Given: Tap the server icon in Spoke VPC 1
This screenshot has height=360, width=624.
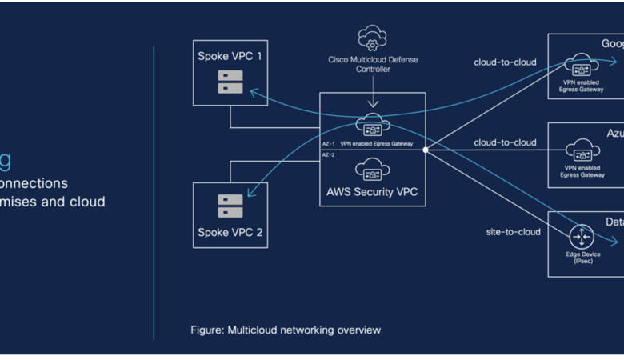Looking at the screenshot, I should point(230,82).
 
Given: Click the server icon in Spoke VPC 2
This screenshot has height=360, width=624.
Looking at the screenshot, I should point(230,206).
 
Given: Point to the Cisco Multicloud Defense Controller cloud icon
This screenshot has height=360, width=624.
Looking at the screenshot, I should point(372,38).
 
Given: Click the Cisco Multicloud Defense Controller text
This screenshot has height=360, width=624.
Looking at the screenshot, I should point(372,64).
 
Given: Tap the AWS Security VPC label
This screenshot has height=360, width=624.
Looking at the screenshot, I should point(372,192).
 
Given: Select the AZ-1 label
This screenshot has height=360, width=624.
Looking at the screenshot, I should point(328,144).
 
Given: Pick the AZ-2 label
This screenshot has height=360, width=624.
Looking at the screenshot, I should point(328,154).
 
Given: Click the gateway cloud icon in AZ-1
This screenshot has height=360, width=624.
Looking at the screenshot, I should point(372,125).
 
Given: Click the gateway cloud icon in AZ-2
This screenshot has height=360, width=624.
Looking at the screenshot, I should point(372,169).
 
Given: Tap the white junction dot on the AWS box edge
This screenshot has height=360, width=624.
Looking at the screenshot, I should point(426,150).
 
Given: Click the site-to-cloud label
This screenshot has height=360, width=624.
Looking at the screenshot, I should point(513,232).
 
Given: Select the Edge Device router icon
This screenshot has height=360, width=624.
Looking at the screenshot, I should point(582,236).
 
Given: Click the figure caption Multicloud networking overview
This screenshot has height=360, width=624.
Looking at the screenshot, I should point(286,330).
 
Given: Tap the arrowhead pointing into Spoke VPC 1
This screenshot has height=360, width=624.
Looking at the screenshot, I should point(254,93).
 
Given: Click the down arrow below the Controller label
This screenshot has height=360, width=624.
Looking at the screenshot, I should point(372,102).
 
